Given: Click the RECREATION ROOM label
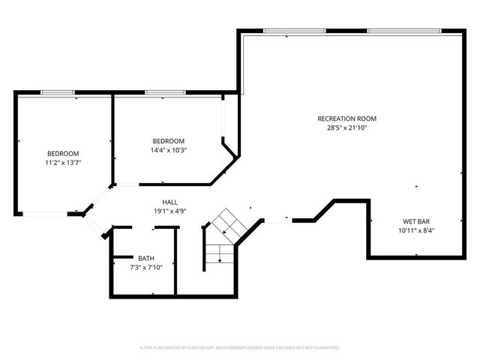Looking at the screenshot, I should tap(346, 118).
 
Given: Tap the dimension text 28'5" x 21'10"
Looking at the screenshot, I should tap(346, 127).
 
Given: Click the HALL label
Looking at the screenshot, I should tap(170, 202).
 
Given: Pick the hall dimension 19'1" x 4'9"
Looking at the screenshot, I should tap(170, 211).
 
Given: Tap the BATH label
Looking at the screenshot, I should tap(145, 258).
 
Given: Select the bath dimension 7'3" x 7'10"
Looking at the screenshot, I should tap(145, 267).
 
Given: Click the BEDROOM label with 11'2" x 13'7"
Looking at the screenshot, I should tap(63, 153).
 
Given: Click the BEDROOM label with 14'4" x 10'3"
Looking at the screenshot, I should tap(169, 141).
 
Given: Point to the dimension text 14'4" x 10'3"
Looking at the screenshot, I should tap(169, 150).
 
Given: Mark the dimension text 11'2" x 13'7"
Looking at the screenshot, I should tap(63, 162).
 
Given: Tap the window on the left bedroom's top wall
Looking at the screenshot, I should tap(57, 92).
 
